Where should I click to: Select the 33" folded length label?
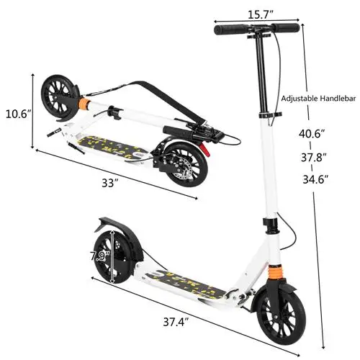(x=109, y=183)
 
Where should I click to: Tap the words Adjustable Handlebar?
(x=315, y=97)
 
